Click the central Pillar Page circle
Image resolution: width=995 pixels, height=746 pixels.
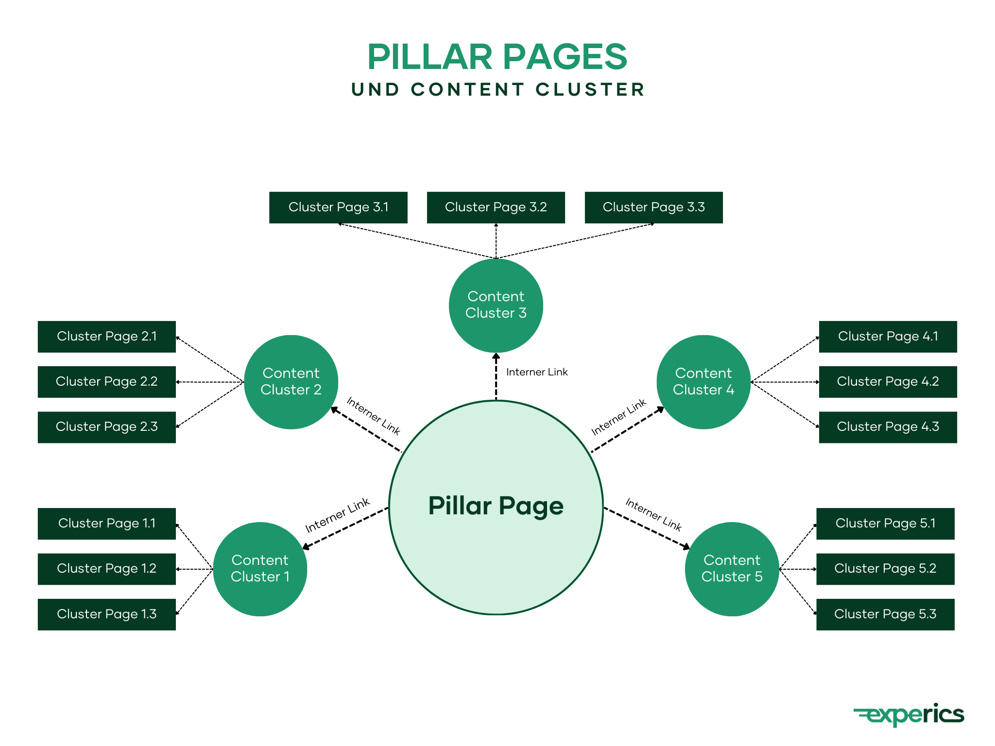click(x=496, y=507)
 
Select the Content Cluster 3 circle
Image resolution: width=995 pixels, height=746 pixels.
click(x=496, y=305)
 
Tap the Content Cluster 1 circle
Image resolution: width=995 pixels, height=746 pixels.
click(x=260, y=569)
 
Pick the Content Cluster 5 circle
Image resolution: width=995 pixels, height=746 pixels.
click(x=732, y=569)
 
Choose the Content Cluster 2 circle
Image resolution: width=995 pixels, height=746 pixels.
click(x=291, y=382)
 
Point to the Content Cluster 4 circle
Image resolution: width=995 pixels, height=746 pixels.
click(x=703, y=382)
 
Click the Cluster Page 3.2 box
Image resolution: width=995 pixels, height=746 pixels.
click(x=496, y=207)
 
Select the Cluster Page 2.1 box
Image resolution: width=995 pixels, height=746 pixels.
click(x=106, y=336)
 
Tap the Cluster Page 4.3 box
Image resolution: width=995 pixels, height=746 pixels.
click(x=888, y=427)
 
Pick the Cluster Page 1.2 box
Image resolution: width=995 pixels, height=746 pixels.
click(x=106, y=569)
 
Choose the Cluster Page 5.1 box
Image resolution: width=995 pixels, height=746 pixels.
click(x=885, y=524)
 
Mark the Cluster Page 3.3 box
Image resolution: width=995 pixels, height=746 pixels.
click(x=653, y=207)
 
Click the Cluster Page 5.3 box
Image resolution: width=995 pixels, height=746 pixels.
click(x=885, y=614)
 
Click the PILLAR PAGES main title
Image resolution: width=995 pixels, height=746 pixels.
click(x=497, y=57)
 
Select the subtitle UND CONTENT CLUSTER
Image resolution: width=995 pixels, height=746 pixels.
click(x=498, y=90)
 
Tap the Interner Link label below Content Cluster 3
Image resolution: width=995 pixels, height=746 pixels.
click(x=537, y=372)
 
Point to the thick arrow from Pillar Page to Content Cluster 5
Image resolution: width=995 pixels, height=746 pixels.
click(x=646, y=528)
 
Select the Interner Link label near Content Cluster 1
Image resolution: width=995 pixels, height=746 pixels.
click(x=337, y=515)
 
